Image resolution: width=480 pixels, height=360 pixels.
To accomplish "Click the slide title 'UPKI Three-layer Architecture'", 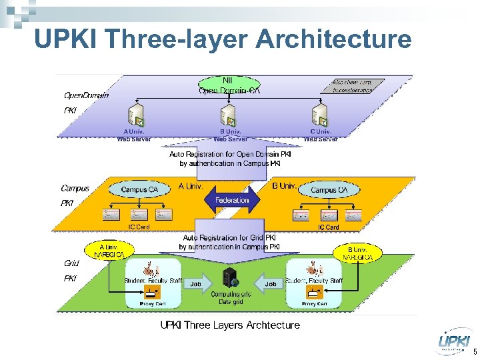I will tap(223, 39).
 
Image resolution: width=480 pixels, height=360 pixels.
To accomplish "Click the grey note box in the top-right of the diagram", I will tap(357, 86).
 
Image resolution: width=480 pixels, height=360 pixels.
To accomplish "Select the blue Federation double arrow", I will tap(232, 200).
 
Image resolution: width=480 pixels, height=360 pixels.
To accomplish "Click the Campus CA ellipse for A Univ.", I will tap(139, 190).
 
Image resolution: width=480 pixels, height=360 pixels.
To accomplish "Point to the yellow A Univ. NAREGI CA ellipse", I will tap(107, 251).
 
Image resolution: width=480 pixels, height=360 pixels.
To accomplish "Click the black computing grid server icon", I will tap(231, 279).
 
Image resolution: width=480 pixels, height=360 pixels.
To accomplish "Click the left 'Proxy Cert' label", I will tap(152, 304).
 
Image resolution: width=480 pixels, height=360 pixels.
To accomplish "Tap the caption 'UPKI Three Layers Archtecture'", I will tap(229, 325).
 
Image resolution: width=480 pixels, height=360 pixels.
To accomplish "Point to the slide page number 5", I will tap(474, 351).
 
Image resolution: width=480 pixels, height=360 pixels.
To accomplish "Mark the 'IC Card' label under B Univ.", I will tap(328, 227).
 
